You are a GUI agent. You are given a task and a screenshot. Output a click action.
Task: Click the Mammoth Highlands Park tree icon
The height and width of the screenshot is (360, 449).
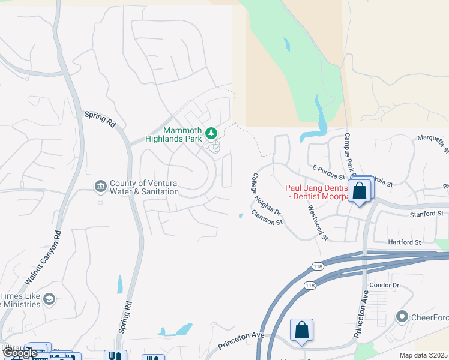(211, 133)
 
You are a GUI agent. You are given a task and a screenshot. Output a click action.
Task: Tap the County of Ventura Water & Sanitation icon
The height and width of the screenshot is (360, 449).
(100, 187)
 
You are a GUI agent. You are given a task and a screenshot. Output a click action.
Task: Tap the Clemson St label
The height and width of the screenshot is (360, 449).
(267, 218)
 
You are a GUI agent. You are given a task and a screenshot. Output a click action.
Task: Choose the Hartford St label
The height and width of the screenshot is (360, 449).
(405, 242)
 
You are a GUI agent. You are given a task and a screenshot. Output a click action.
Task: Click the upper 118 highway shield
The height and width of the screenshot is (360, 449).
(318, 267)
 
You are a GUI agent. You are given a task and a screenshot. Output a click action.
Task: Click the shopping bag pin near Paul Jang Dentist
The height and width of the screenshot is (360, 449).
(360, 192)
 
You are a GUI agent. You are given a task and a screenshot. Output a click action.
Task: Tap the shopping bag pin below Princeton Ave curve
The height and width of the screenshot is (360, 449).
(301, 331)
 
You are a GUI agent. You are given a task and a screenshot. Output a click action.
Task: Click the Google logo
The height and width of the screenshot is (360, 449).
(20, 353)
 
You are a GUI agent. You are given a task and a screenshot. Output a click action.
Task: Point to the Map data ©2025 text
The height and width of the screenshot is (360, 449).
(424, 355)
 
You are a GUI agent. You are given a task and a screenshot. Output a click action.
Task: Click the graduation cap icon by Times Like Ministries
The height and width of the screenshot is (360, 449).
(49, 299)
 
